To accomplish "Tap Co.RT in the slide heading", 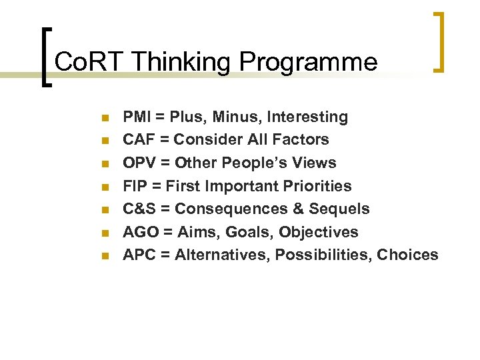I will (90, 62).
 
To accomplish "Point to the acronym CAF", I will (139, 140).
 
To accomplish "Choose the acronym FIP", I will (135, 186).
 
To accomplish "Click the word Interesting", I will (307, 117).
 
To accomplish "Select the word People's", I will (253, 163).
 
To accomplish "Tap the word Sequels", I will (339, 209).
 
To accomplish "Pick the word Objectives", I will (319, 232).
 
